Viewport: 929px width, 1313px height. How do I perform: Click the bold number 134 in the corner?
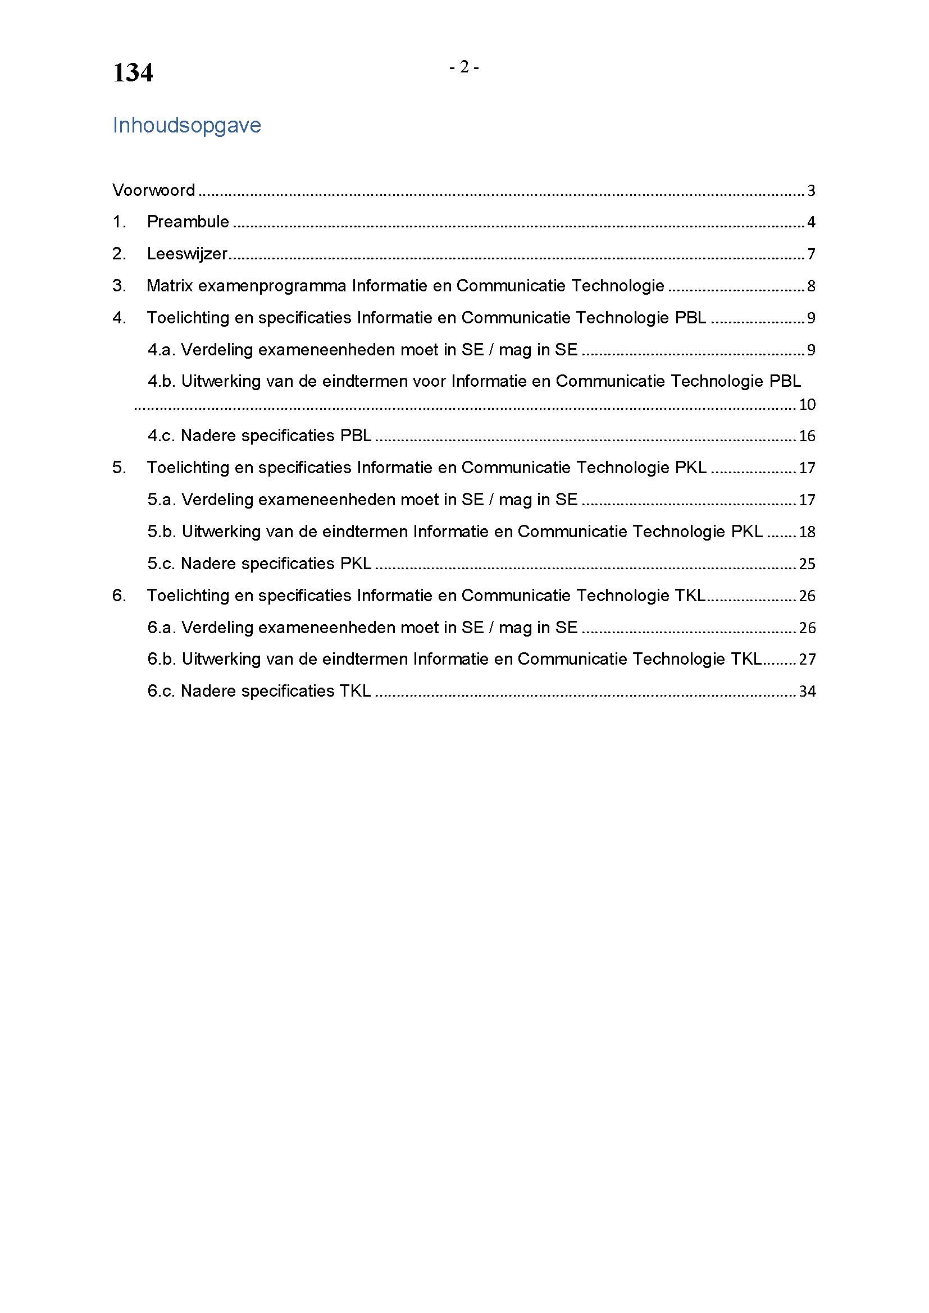pyautogui.click(x=133, y=73)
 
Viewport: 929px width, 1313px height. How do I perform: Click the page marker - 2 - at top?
pyautogui.click(x=464, y=67)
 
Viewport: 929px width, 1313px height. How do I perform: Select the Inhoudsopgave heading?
pyautogui.click(x=186, y=125)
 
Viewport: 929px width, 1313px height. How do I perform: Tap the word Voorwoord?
pyautogui.click(x=153, y=190)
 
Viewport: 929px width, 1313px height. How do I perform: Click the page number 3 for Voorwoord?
pyautogui.click(x=811, y=190)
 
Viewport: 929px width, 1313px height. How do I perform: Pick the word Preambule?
pyautogui.click(x=188, y=222)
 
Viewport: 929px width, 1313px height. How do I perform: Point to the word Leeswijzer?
pyautogui.click(x=187, y=254)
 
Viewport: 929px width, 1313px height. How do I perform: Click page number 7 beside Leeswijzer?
pyautogui.click(x=811, y=254)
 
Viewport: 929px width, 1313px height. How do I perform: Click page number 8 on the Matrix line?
pyautogui.click(x=811, y=286)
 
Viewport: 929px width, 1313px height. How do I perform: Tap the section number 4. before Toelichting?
pyautogui.click(x=119, y=317)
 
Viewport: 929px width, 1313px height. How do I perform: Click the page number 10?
pyautogui.click(x=807, y=405)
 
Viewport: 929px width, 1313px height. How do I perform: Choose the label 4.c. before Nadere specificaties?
pyautogui.click(x=161, y=436)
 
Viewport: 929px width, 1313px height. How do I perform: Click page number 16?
pyautogui.click(x=807, y=436)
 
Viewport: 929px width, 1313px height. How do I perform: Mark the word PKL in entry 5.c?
pyautogui.click(x=356, y=564)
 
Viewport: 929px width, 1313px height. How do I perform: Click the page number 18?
pyautogui.click(x=807, y=532)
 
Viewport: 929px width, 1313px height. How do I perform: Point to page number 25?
pyautogui.click(x=807, y=564)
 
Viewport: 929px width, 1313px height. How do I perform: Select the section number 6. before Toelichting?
pyautogui.click(x=119, y=596)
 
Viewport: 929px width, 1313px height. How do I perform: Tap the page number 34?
pyautogui.click(x=807, y=692)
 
